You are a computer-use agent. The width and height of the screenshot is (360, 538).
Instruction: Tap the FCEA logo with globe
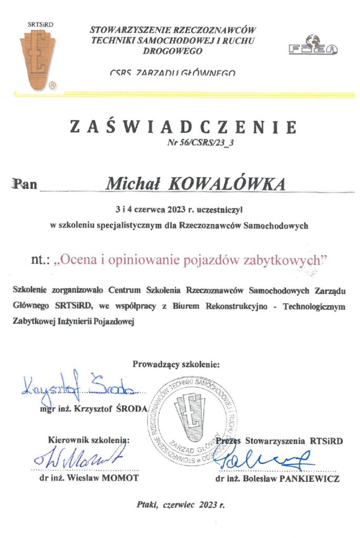click(x=313, y=47)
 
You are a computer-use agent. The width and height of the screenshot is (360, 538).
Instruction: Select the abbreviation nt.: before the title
click(x=40, y=259)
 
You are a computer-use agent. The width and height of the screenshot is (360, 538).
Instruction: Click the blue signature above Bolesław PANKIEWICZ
click(x=268, y=461)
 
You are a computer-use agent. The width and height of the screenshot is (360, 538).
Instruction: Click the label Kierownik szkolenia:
click(x=88, y=439)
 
